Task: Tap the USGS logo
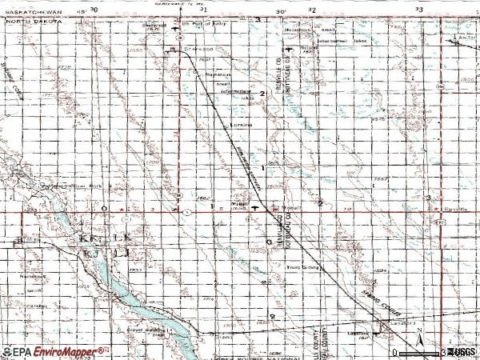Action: (x=462, y=351)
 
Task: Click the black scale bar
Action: (x=419, y=352)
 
